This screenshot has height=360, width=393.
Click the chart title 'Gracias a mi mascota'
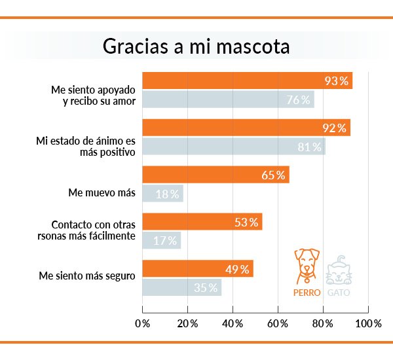(x=196, y=48)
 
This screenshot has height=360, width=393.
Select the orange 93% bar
(x=247, y=81)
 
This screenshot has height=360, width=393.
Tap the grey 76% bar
(x=228, y=99)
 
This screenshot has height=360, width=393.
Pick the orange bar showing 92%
(x=246, y=128)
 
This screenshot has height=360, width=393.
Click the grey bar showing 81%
(x=233, y=147)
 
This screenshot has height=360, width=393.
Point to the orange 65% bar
(x=215, y=175)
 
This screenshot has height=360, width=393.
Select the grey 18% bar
(x=162, y=194)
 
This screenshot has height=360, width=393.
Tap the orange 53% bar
(x=202, y=222)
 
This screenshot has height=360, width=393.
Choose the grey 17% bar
(x=161, y=241)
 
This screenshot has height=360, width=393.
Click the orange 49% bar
(x=197, y=269)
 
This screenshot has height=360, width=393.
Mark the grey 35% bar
(x=181, y=288)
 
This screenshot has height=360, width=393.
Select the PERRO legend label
(x=307, y=293)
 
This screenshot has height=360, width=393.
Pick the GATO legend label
(x=337, y=293)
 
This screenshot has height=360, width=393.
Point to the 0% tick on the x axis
(x=142, y=323)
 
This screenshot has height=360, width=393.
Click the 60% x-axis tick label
(x=278, y=323)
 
